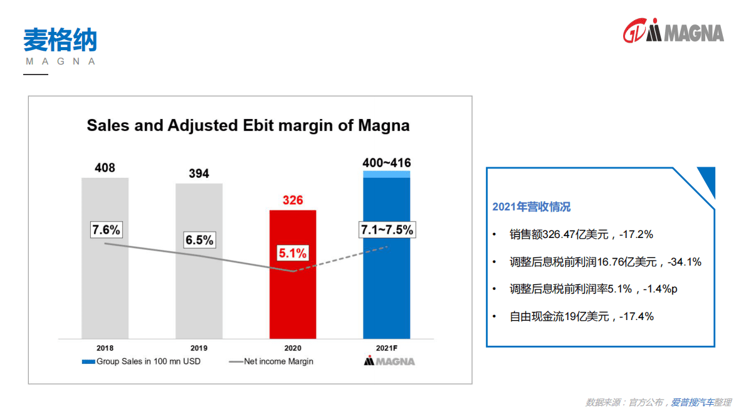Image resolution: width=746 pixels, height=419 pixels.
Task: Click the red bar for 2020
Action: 293,294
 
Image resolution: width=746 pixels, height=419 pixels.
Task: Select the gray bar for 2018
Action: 105,294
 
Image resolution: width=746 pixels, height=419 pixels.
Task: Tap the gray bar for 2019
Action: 199,294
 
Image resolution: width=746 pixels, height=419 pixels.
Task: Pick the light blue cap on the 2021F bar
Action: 387,174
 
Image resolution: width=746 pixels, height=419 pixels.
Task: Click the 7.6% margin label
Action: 106,230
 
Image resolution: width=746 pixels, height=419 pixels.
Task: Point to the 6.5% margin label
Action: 199,240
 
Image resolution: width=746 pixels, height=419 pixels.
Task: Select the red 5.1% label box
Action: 293,254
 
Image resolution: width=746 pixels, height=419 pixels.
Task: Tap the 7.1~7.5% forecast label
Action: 387,230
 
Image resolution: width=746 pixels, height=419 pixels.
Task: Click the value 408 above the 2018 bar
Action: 105,168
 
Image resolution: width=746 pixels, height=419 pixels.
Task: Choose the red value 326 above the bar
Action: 293,200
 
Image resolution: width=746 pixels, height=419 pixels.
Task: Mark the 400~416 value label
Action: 387,163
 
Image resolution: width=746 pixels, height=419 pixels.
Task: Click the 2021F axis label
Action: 387,348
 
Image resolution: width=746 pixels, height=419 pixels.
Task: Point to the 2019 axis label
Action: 199,348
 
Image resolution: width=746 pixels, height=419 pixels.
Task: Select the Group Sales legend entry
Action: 141,361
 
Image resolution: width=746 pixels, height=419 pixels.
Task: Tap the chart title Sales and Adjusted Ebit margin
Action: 248,125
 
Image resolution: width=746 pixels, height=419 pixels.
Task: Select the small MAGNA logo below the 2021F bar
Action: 389,361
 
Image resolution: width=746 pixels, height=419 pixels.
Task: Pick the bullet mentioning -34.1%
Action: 605,262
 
